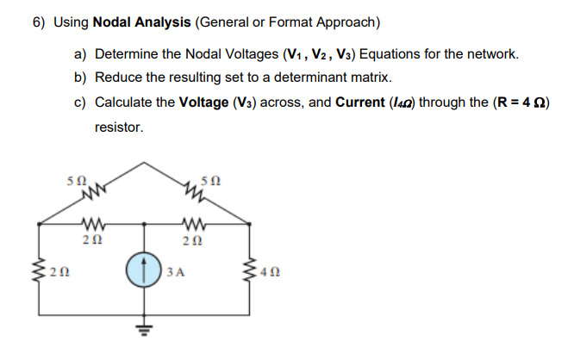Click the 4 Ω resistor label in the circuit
pyautogui.click(x=268, y=276)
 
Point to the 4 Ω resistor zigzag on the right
pyautogui.click(x=252, y=275)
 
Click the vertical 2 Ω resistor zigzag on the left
pyautogui.click(x=39, y=275)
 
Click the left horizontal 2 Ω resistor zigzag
pyautogui.click(x=93, y=227)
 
